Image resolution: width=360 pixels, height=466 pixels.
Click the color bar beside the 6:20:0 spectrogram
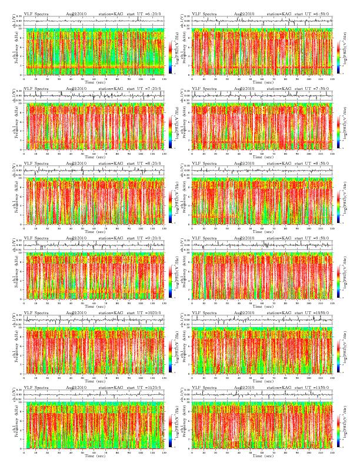[x=170, y=56]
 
